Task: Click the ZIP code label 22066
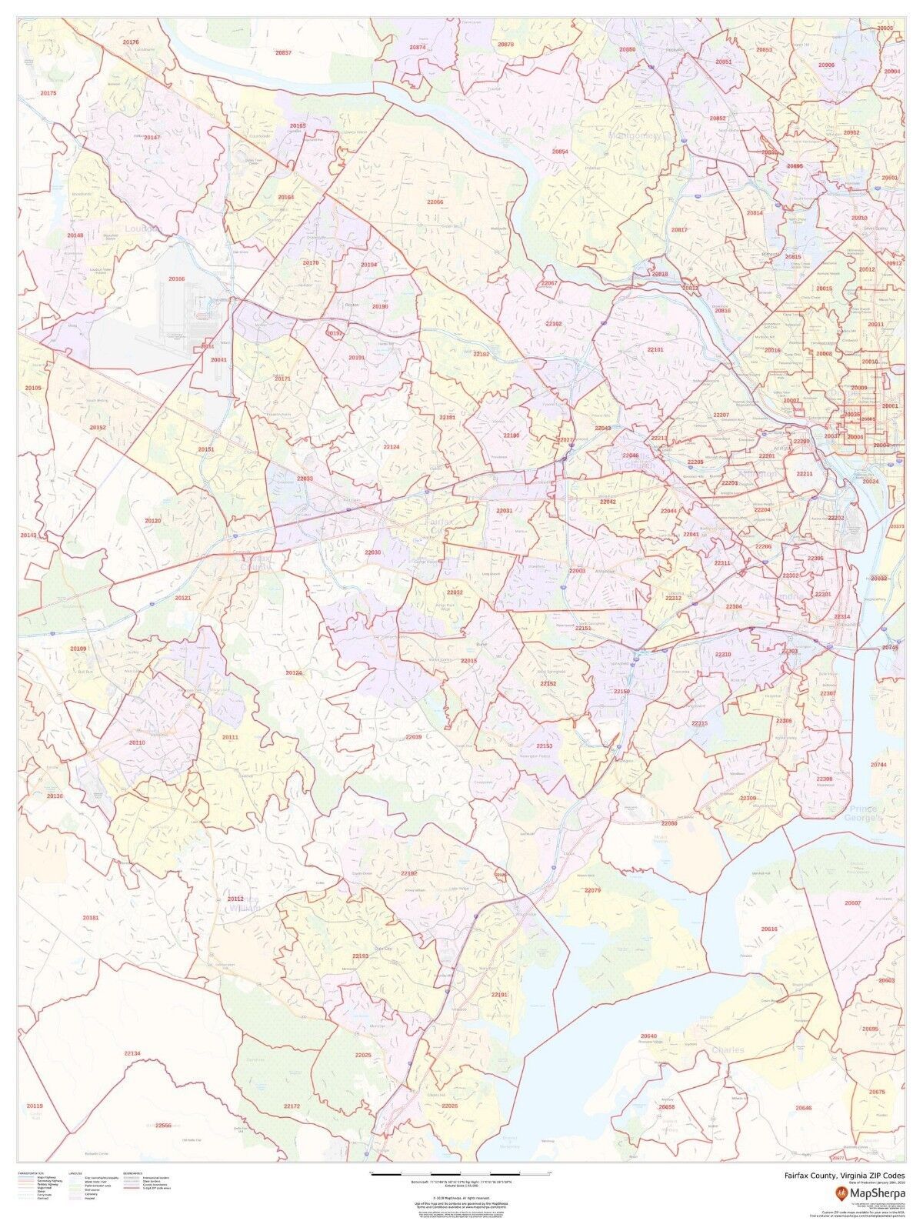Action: click(x=435, y=202)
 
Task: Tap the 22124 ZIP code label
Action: click(x=392, y=446)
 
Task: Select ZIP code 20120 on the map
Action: click(x=153, y=521)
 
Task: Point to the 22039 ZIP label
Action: click(x=414, y=737)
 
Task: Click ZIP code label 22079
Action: click(x=591, y=890)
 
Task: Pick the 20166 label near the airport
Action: click(x=177, y=279)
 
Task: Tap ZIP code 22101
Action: click(x=655, y=349)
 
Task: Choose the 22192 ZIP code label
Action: click(x=408, y=874)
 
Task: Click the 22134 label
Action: click(x=133, y=1053)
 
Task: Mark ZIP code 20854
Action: click(x=560, y=152)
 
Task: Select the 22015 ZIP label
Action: click(x=468, y=661)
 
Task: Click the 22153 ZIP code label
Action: click(x=545, y=746)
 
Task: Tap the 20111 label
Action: click(x=230, y=738)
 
